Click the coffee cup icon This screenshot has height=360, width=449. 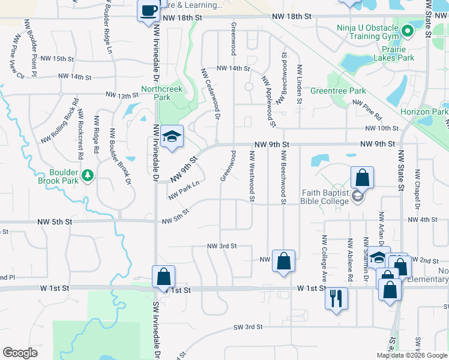[x=148, y=10]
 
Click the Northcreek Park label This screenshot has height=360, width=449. [x=161, y=93]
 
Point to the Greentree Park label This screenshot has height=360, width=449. [x=338, y=91]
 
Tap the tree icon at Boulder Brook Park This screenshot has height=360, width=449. [x=88, y=175]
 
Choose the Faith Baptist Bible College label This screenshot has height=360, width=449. [x=325, y=197]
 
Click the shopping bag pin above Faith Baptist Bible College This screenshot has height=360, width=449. [x=362, y=178]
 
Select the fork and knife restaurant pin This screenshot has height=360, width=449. [x=336, y=296]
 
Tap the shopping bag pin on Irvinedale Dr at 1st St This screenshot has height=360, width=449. [x=163, y=277]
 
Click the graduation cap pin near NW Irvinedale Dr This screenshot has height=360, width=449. [x=172, y=137]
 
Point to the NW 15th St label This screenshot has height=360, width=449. [x=55, y=59]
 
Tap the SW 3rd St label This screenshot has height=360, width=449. [x=249, y=327]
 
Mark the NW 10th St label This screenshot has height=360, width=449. [x=381, y=128]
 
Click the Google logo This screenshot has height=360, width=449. [x=20, y=353]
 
